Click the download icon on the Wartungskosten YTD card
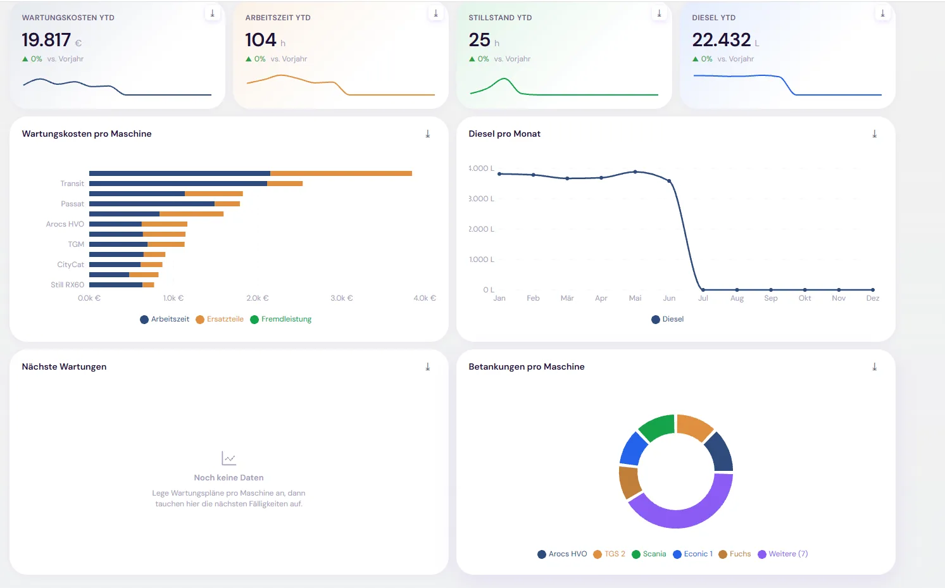(213, 13)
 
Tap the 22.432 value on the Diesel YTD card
(722, 40)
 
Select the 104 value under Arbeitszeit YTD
(261, 40)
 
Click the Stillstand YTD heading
(500, 18)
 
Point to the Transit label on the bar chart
(72, 184)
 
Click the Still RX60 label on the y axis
(68, 285)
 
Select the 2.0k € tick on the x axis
(258, 297)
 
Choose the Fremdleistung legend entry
(281, 319)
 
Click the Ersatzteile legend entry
(220, 319)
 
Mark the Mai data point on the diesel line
(635, 172)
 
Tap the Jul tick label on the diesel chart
(703, 298)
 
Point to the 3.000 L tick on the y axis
(481, 199)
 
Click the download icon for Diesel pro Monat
(875, 134)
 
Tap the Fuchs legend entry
(735, 554)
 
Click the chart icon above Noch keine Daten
(228, 458)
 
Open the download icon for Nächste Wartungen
(428, 366)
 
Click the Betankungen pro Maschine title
(527, 366)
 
